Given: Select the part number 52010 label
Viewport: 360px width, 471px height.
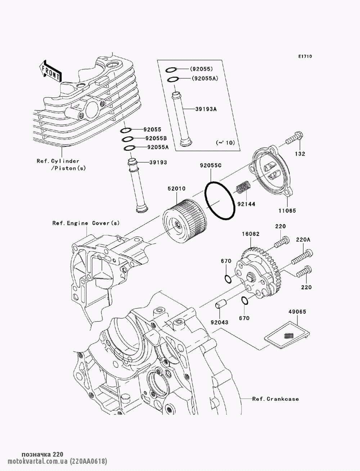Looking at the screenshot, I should click(x=176, y=189).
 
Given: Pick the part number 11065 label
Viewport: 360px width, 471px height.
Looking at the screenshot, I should click(x=287, y=210).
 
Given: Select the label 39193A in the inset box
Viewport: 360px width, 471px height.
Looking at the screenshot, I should click(x=206, y=109).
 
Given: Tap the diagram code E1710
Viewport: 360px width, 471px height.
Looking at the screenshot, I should click(x=305, y=56).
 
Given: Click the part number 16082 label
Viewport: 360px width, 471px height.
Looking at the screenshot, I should click(x=251, y=234).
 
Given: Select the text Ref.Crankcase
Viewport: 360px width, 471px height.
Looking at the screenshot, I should click(x=275, y=399).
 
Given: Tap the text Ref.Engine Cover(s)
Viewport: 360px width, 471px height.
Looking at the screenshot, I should click(x=86, y=223).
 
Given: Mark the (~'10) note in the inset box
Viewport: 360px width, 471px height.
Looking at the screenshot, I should click(x=225, y=143).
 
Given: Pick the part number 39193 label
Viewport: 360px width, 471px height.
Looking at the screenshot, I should click(x=157, y=162).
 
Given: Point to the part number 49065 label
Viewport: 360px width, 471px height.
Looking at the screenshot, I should click(x=297, y=312).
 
